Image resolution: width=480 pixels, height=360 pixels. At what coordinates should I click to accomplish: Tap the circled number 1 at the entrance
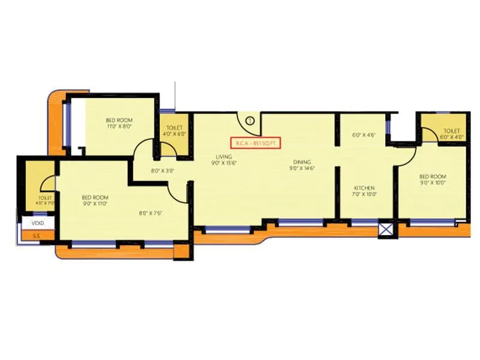(x=250, y=120)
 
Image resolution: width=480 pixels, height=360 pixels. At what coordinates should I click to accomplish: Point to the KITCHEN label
(x=364, y=188)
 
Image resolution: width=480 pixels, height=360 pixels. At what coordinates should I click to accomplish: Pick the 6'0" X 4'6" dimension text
(x=364, y=136)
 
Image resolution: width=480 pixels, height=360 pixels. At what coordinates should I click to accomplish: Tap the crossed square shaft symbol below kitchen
(x=386, y=229)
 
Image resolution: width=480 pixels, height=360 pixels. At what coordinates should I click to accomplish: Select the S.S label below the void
(x=27, y=235)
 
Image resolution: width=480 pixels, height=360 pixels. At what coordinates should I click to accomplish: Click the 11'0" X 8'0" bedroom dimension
(x=119, y=127)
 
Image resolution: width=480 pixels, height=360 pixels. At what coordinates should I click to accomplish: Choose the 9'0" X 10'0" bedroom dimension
(x=433, y=182)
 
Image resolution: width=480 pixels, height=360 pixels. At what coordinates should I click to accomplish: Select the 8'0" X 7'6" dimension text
(x=152, y=212)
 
